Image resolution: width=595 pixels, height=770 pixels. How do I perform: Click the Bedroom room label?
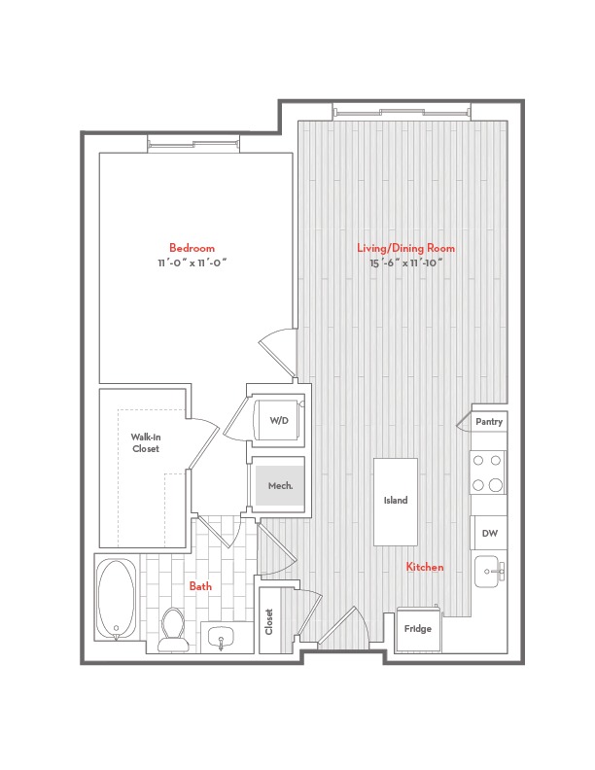click(x=192, y=248)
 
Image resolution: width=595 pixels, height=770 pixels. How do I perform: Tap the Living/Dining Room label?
click(x=406, y=248)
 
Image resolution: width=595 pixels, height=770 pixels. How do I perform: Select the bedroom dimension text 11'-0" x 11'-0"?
click(x=192, y=262)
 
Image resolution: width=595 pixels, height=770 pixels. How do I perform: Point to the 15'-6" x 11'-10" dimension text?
click(x=406, y=262)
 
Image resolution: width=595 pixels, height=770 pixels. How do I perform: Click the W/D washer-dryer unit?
click(x=278, y=420)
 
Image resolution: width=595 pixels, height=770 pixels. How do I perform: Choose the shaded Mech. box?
click(x=280, y=486)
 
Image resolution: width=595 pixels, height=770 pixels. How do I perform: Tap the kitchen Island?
click(x=396, y=502)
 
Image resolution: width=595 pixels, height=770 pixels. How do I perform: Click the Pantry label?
click(x=489, y=422)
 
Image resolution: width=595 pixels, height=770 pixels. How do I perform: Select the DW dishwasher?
click(x=489, y=534)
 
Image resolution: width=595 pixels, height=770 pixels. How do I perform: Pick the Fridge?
click(x=418, y=630)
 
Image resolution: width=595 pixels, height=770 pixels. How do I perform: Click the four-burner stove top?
click(x=487, y=472)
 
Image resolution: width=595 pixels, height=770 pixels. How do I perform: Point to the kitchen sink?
click(x=489, y=572)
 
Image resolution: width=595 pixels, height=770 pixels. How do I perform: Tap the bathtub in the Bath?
click(x=117, y=598)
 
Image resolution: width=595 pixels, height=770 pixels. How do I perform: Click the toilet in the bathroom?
click(x=173, y=630)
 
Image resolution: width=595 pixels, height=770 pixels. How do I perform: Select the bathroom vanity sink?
click(x=221, y=639)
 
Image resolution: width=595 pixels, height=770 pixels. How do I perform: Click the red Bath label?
click(x=201, y=586)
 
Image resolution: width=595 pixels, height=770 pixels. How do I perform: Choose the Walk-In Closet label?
click(x=146, y=443)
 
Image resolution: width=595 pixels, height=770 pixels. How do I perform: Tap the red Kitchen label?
click(x=425, y=567)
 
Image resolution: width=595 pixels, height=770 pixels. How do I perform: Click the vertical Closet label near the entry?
click(x=269, y=621)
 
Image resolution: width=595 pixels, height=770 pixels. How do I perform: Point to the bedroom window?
click(x=193, y=144)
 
